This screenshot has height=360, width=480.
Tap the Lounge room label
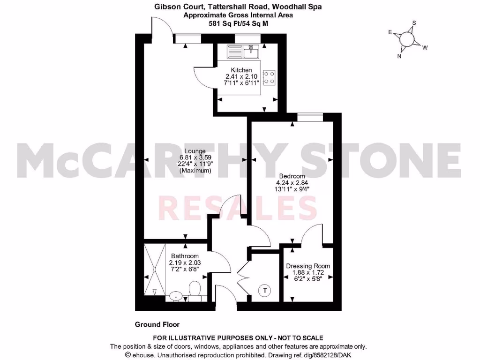(x=195, y=151)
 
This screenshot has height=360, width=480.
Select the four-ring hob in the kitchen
(x=269, y=77)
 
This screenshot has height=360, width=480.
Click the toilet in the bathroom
(x=194, y=290)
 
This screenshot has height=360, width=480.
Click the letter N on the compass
(x=399, y=57)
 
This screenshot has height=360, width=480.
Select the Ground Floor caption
(x=157, y=324)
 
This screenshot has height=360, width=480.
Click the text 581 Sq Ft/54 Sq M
(x=238, y=23)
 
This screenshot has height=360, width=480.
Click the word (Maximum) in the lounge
(x=195, y=171)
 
